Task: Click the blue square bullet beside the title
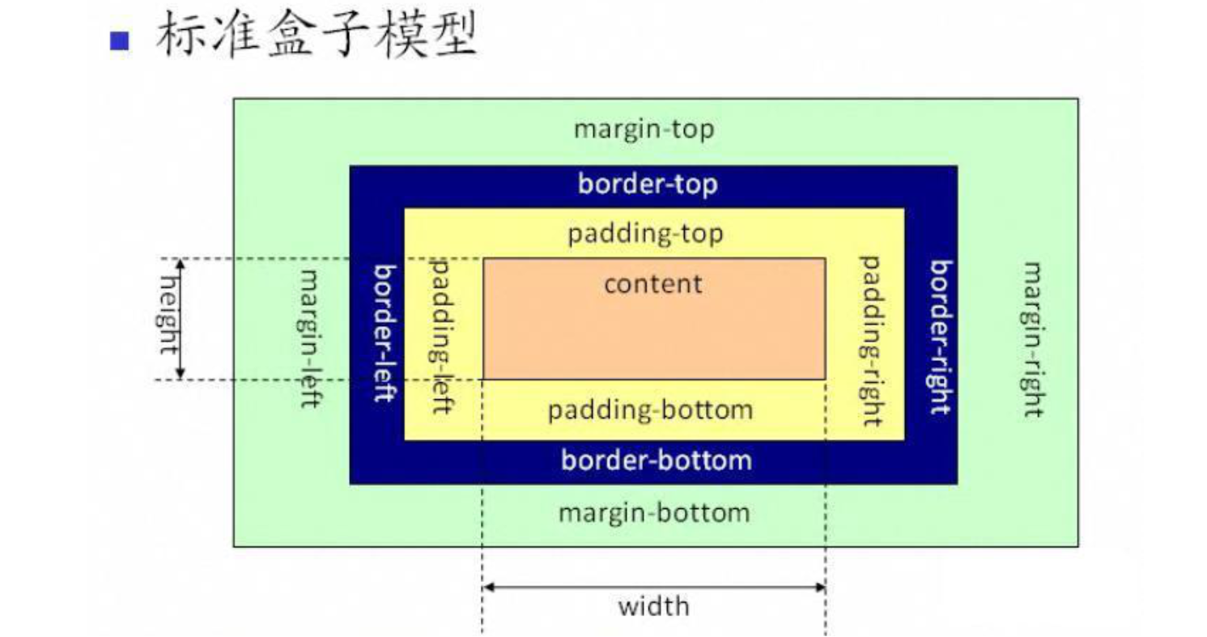pyautogui.click(x=119, y=40)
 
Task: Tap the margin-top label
pyautogui.click(x=644, y=130)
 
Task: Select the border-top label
pyautogui.click(x=647, y=185)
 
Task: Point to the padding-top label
pyautogui.click(x=644, y=235)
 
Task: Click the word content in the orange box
pyautogui.click(x=652, y=284)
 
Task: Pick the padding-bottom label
pyautogui.click(x=649, y=410)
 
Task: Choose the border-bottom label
pyautogui.click(x=656, y=461)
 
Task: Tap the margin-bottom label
pyautogui.click(x=653, y=513)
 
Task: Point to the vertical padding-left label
pyautogui.click(x=441, y=336)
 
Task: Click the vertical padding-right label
pyautogui.click(x=869, y=341)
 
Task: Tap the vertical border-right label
pyautogui.click(x=938, y=337)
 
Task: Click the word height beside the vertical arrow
pyautogui.click(x=166, y=314)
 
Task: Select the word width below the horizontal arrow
pyautogui.click(x=653, y=606)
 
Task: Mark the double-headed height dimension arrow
pyautogui.click(x=181, y=319)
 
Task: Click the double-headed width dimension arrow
pyautogui.click(x=653, y=586)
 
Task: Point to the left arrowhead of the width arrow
pyautogui.click(x=488, y=586)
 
